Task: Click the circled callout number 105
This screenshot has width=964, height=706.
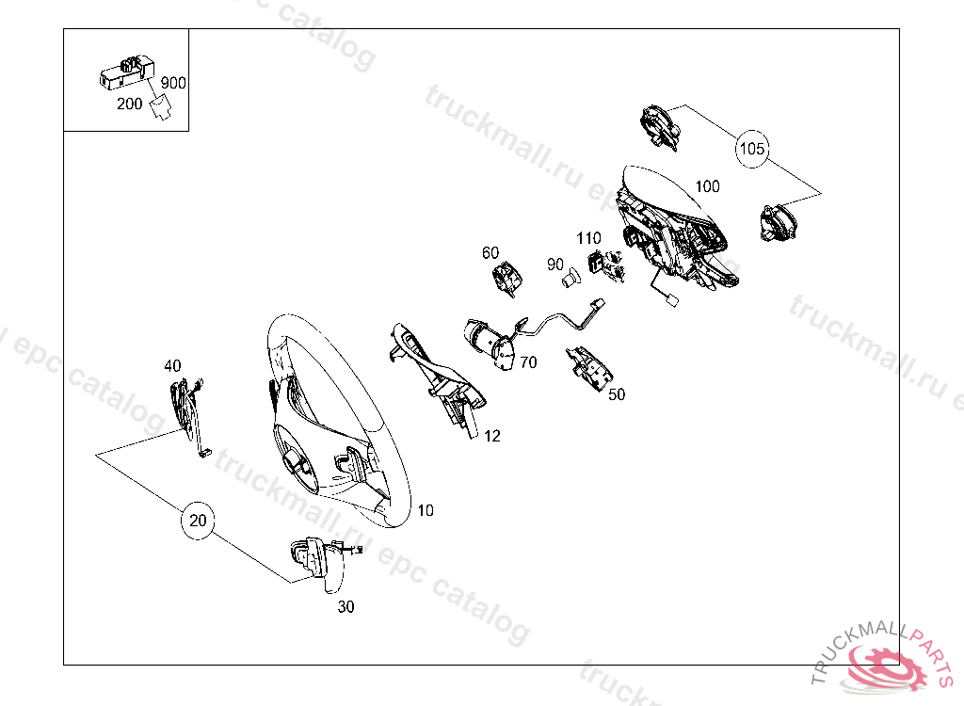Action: (751, 149)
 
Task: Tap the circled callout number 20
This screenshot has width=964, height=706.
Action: (198, 521)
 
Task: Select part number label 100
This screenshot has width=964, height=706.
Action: (707, 186)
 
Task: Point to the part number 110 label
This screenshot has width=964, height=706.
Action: (588, 238)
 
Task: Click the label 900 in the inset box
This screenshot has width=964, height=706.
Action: (173, 83)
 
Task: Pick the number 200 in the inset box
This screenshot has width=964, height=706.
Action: (130, 104)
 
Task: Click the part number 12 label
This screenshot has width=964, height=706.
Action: (491, 436)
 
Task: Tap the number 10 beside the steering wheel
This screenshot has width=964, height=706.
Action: (426, 510)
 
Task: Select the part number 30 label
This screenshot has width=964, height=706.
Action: (346, 607)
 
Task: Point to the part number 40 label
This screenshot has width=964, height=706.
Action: (173, 366)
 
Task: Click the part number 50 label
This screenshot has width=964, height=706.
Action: (617, 394)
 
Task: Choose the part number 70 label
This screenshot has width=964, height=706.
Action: (528, 362)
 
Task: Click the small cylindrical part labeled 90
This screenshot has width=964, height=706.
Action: (571, 277)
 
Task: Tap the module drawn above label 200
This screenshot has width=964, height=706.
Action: (127, 72)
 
